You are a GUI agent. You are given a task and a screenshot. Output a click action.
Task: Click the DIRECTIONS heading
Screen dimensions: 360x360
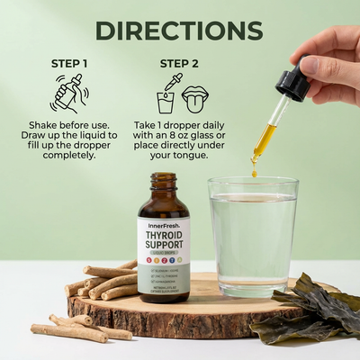pos(179,30)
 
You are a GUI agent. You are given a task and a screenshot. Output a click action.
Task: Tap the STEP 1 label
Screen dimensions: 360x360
pos(69,64)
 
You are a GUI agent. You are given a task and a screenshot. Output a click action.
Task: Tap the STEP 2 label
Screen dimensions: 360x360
pos(180,64)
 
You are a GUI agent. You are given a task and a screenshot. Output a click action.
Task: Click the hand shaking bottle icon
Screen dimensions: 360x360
pos(69,93)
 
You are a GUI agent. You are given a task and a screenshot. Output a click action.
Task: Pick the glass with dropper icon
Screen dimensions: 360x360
pos(166,96)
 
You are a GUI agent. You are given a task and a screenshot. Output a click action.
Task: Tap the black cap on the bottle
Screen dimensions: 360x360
pos(163,184)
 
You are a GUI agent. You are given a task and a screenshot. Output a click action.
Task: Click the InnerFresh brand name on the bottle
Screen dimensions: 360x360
pos(163,228)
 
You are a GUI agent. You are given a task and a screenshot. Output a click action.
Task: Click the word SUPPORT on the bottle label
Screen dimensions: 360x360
pos(163,249)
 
